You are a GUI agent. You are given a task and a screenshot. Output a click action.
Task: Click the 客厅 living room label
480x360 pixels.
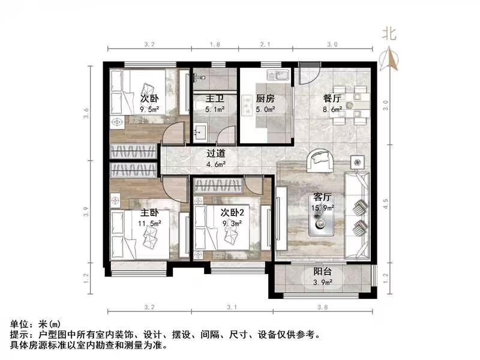(323, 197)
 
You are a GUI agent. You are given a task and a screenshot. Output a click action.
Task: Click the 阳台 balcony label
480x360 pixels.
(323, 271)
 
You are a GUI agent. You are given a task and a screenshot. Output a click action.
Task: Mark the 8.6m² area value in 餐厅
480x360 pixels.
(333, 110)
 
